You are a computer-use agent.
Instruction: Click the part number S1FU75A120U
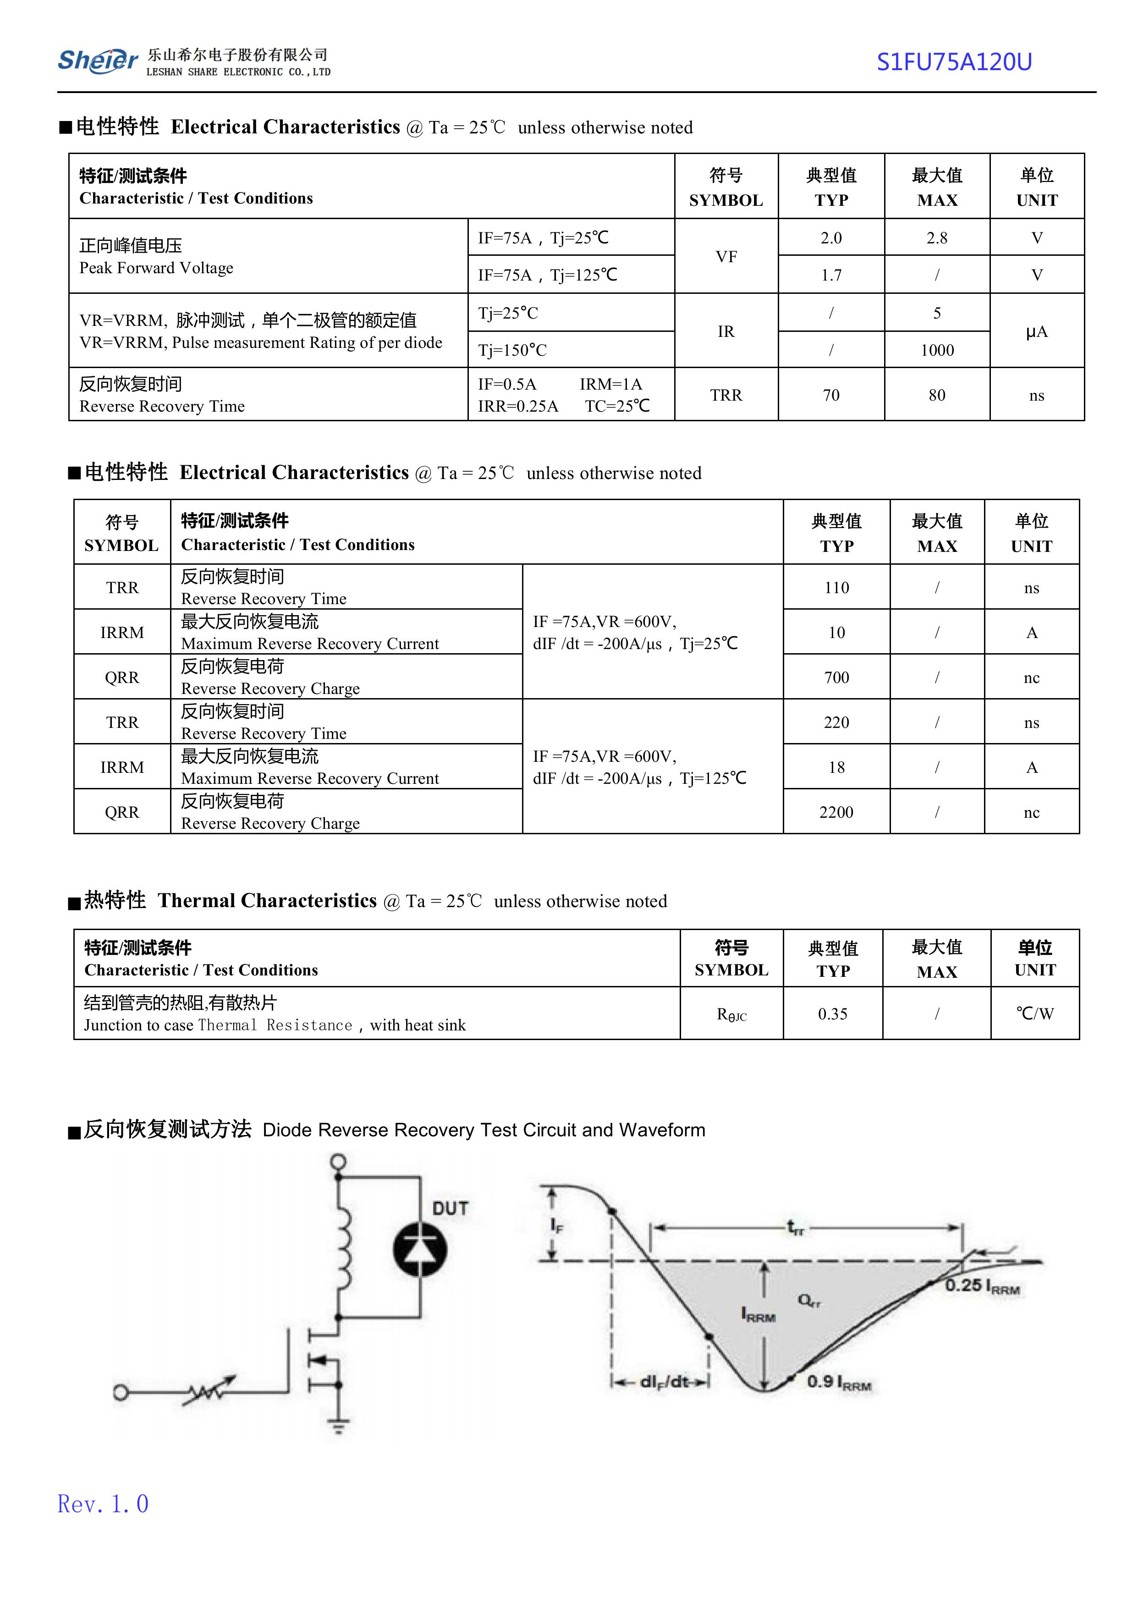point(954,62)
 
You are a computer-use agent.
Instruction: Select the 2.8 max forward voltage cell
point(936,238)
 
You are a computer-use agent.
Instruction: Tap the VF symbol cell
point(726,256)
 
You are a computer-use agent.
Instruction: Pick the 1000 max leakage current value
point(937,350)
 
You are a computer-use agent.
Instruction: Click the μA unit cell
point(1036,331)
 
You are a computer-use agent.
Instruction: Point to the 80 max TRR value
point(937,395)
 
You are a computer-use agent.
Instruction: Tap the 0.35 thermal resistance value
point(832,1014)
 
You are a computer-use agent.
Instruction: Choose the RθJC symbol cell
point(731,1014)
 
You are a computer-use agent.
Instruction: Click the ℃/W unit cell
point(1035,1014)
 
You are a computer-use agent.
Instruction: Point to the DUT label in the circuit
point(450,1209)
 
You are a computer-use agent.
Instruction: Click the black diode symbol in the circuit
point(420,1249)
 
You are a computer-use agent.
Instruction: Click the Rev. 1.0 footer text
point(103,1503)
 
